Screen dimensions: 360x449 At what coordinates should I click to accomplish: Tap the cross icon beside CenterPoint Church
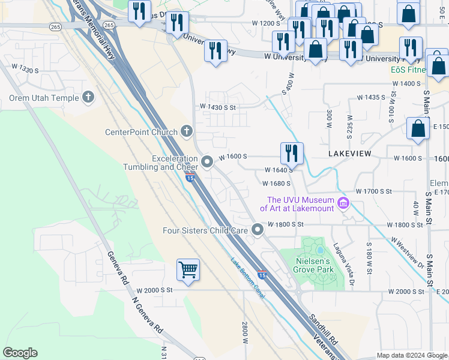coord(187,131)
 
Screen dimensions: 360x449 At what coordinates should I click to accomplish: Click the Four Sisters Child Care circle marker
coord(258,230)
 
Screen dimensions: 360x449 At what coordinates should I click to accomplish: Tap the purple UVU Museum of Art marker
coord(343,204)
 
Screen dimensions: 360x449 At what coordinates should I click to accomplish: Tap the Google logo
coord(20,353)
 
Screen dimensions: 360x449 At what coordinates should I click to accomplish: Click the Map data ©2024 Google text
coord(412,355)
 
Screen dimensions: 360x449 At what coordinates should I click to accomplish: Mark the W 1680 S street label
coord(277,183)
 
